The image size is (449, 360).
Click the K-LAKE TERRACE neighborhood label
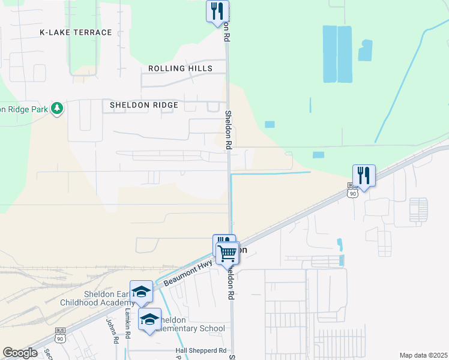(x=76, y=32)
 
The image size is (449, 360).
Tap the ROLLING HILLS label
(x=180, y=68)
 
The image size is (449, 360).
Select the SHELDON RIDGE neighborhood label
(x=144, y=105)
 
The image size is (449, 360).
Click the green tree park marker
(x=57, y=108)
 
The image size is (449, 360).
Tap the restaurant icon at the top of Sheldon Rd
(x=217, y=11)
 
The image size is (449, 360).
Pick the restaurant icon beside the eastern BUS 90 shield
(x=364, y=175)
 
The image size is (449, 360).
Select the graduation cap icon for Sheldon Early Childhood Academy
(x=141, y=292)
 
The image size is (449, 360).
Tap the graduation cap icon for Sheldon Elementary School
(x=149, y=319)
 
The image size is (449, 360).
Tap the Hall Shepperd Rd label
(x=200, y=350)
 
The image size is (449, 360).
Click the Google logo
(x=20, y=353)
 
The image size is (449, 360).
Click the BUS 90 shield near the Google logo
(x=59, y=332)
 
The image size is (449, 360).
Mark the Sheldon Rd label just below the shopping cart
(x=229, y=283)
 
